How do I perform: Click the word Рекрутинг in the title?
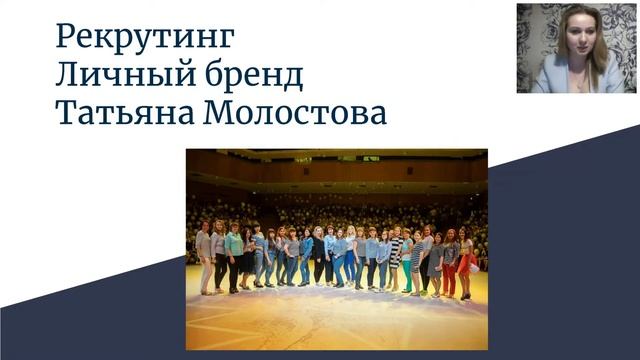pyautogui.click(x=144, y=37)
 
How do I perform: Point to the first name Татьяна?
pyautogui.click(x=125, y=113)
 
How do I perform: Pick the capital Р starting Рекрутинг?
pyautogui.click(x=67, y=37)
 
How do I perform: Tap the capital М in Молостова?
pyautogui.click(x=221, y=113)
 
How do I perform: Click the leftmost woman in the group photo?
pyautogui.click(x=204, y=257)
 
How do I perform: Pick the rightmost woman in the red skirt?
pyautogui.click(x=465, y=262)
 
